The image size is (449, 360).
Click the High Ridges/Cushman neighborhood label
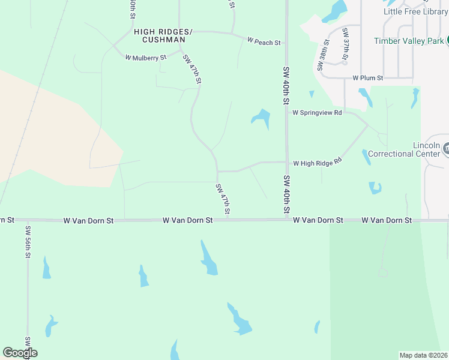(x=159, y=35)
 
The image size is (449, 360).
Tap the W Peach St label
(x=264, y=42)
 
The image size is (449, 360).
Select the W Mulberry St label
(x=145, y=58)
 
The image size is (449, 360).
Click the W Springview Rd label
(x=317, y=112)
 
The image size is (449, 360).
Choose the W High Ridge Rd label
(x=317, y=163)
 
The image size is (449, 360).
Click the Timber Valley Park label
(x=409, y=41)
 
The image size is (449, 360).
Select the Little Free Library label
(x=415, y=11)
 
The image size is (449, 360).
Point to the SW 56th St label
(x=28, y=241)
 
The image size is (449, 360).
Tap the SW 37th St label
(x=345, y=44)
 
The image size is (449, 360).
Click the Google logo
(x=20, y=353)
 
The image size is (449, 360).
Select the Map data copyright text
(x=424, y=355)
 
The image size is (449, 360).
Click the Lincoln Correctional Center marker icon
(x=446, y=146)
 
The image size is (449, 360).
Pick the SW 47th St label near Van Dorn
(x=223, y=199)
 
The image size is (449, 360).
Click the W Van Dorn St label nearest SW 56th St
(x=88, y=221)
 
